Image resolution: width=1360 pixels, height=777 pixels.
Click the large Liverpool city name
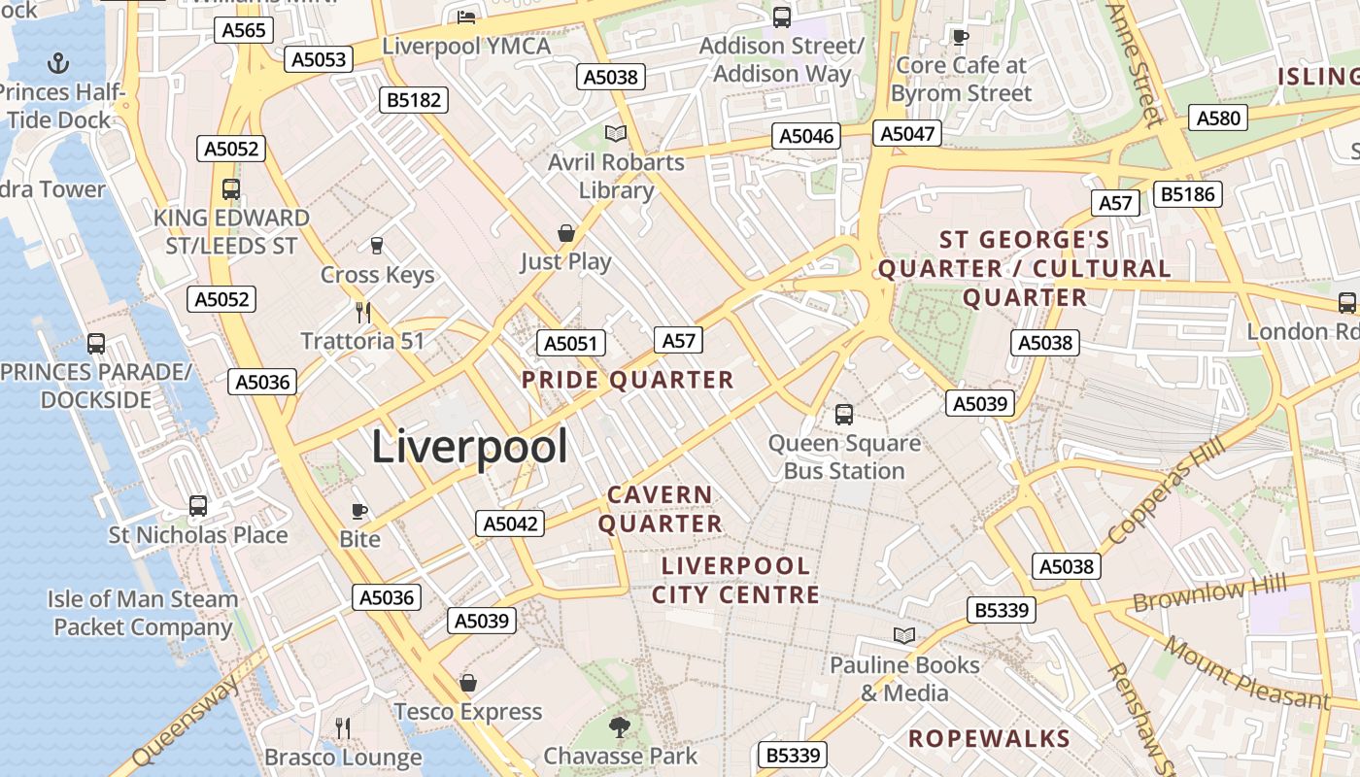pyautogui.click(x=469, y=448)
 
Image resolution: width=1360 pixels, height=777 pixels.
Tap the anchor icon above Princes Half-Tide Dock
pyautogui.click(x=59, y=65)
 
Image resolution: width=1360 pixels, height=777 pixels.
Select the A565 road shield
pyautogui.click(x=243, y=30)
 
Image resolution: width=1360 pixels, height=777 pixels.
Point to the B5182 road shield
pyautogui.click(x=414, y=99)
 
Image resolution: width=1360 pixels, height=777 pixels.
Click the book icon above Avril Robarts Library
pyautogui.click(x=616, y=133)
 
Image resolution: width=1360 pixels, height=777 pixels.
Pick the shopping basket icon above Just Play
pyautogui.click(x=566, y=233)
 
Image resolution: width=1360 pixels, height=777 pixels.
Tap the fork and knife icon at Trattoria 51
pyautogui.click(x=363, y=313)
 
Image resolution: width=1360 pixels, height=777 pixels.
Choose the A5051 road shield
pyautogui.click(x=571, y=343)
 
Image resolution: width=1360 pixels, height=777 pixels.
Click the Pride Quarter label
pyautogui.click(x=628, y=380)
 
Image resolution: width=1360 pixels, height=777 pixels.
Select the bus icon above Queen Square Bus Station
pyautogui.click(x=844, y=415)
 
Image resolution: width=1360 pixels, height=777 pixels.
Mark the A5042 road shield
pyautogui.click(x=511, y=524)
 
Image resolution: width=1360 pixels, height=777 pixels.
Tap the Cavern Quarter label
pyautogui.click(x=661, y=509)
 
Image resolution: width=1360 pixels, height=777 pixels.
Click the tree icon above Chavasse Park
pyautogui.click(x=620, y=726)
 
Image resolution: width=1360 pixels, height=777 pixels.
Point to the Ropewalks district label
pyautogui.click(x=989, y=738)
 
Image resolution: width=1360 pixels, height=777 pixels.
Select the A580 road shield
pyautogui.click(x=1218, y=118)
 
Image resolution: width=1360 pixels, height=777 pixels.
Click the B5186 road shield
pyautogui.click(x=1187, y=194)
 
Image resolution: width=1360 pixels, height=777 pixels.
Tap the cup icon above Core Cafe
pyautogui.click(x=960, y=38)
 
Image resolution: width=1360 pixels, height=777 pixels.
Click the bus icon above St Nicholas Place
pyautogui.click(x=198, y=506)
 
